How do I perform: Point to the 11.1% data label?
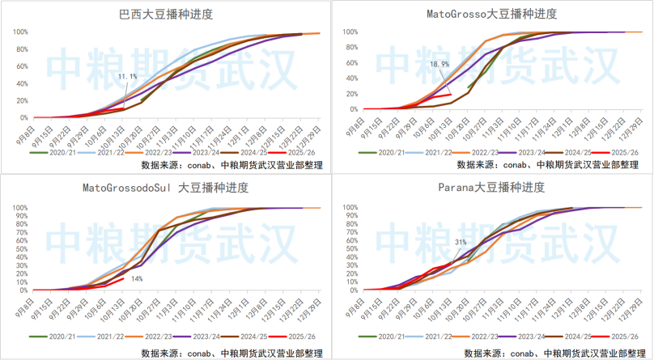pos(127,76)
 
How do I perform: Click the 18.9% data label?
pos(440,64)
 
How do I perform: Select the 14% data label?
pos(137,278)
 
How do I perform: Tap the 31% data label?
pos(460,241)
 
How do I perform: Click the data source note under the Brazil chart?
pos(231,164)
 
